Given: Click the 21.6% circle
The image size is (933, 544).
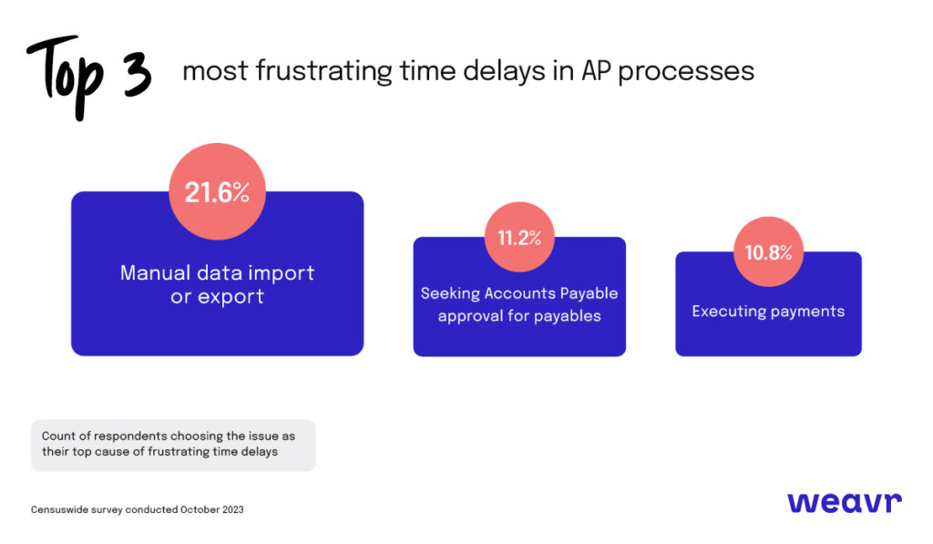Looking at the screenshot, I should (217, 192).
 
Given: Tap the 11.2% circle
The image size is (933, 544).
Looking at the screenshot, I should (519, 238).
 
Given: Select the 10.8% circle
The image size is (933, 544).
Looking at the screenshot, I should (768, 252).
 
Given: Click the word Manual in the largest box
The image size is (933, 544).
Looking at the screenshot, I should (154, 272).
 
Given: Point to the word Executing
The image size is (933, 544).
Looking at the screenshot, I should (727, 312).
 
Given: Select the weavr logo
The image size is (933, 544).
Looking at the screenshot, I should (844, 502).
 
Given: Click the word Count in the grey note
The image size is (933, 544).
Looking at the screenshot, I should (58, 436).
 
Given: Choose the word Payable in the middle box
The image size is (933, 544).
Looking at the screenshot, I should (590, 293).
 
